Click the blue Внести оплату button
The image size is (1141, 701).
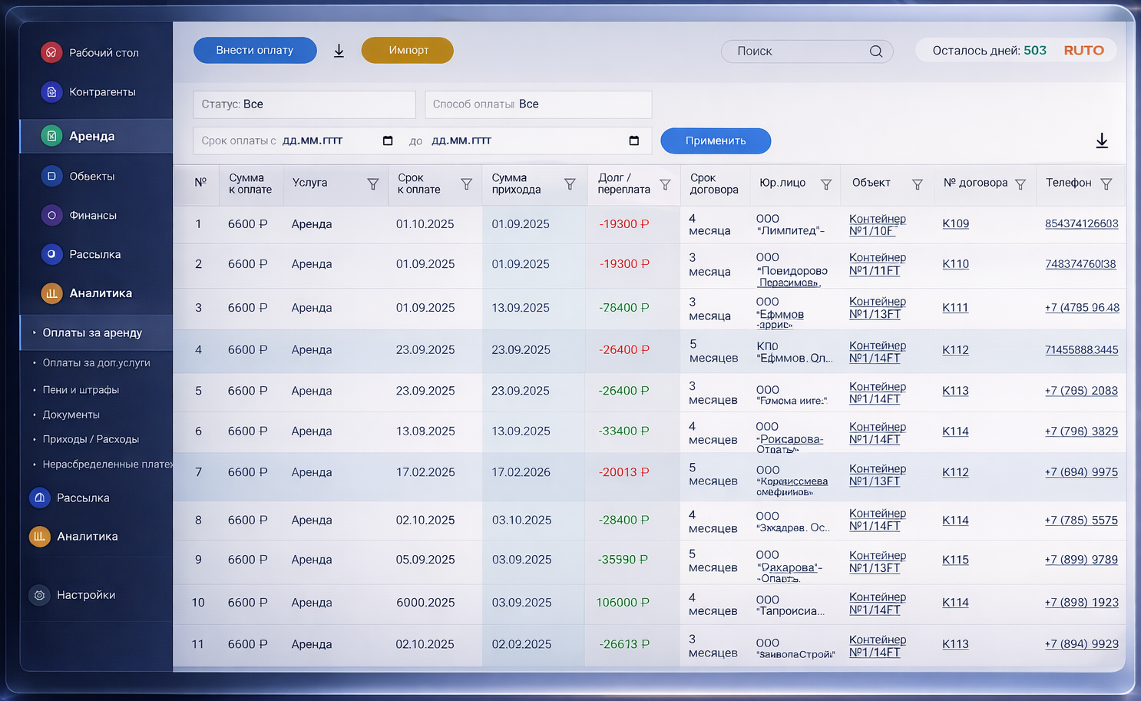pyautogui.click(x=255, y=51)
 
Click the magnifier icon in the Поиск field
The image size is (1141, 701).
pyautogui.click(x=875, y=51)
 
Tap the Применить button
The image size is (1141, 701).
pyautogui.click(x=716, y=141)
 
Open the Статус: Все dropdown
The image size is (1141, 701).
pyautogui.click(x=304, y=104)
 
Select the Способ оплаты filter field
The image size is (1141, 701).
pyautogui.click(x=538, y=104)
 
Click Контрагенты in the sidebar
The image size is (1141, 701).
pyautogui.click(x=102, y=92)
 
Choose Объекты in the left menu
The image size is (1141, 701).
pyautogui.click(x=91, y=177)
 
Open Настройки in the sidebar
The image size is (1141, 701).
pyautogui.click(x=85, y=595)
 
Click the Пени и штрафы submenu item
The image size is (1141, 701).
pyautogui.click(x=81, y=390)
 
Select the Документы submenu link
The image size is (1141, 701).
pyautogui.click(x=71, y=415)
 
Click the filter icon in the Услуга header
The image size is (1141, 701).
pyautogui.click(x=373, y=184)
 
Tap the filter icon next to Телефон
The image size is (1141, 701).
pyautogui.click(x=1106, y=184)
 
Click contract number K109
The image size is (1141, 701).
pyautogui.click(x=955, y=224)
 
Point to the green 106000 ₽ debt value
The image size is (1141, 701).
pyautogui.click(x=623, y=603)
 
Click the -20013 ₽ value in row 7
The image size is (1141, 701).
pyautogui.click(x=623, y=472)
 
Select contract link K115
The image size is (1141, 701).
pyautogui.click(x=955, y=560)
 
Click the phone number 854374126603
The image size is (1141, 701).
pyautogui.click(x=1081, y=224)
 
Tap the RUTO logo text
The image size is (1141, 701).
pyautogui.click(x=1083, y=51)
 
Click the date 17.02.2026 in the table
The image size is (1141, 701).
pyautogui.click(x=521, y=472)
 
